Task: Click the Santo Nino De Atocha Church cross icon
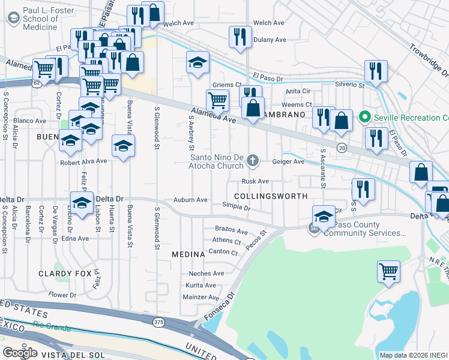[253, 160]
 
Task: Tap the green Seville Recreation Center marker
[364, 117]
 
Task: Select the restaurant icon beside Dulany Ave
[240, 36]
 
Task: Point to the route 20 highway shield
[342, 148]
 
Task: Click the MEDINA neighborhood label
[188, 254]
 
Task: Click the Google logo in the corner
[20, 352]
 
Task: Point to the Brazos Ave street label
[231, 231]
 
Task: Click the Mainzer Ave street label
[202, 297]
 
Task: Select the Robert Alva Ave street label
[83, 161]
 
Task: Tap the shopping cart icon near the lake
[388, 271]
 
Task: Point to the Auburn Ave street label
[190, 200]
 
